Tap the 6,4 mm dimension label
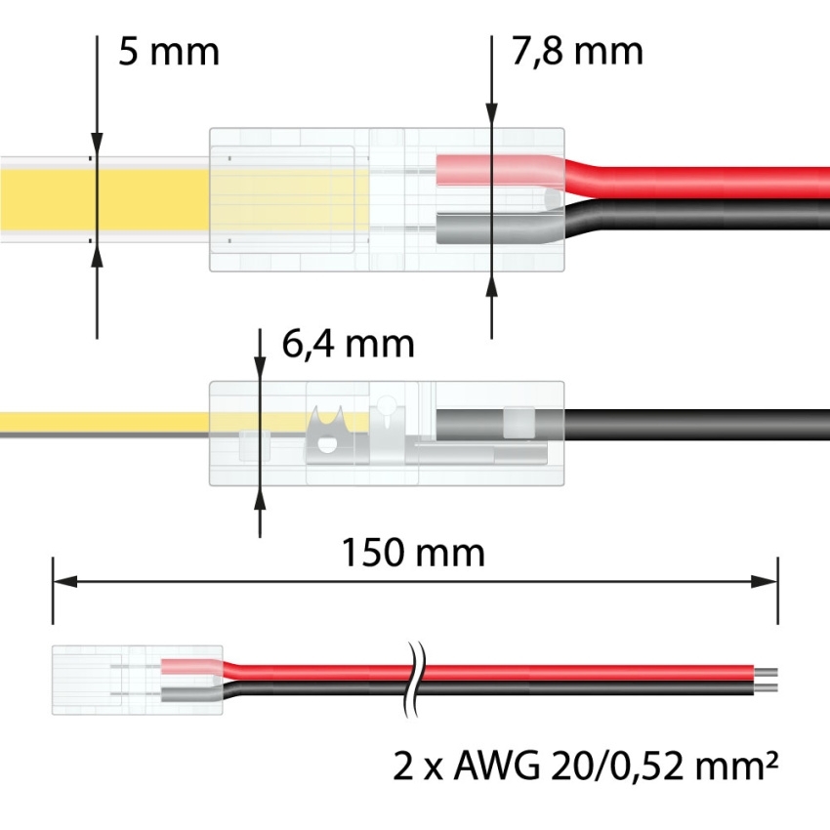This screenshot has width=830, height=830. [x=348, y=344]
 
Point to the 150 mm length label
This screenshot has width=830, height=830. [x=413, y=554]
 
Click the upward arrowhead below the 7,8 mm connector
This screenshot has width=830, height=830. [x=490, y=283]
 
